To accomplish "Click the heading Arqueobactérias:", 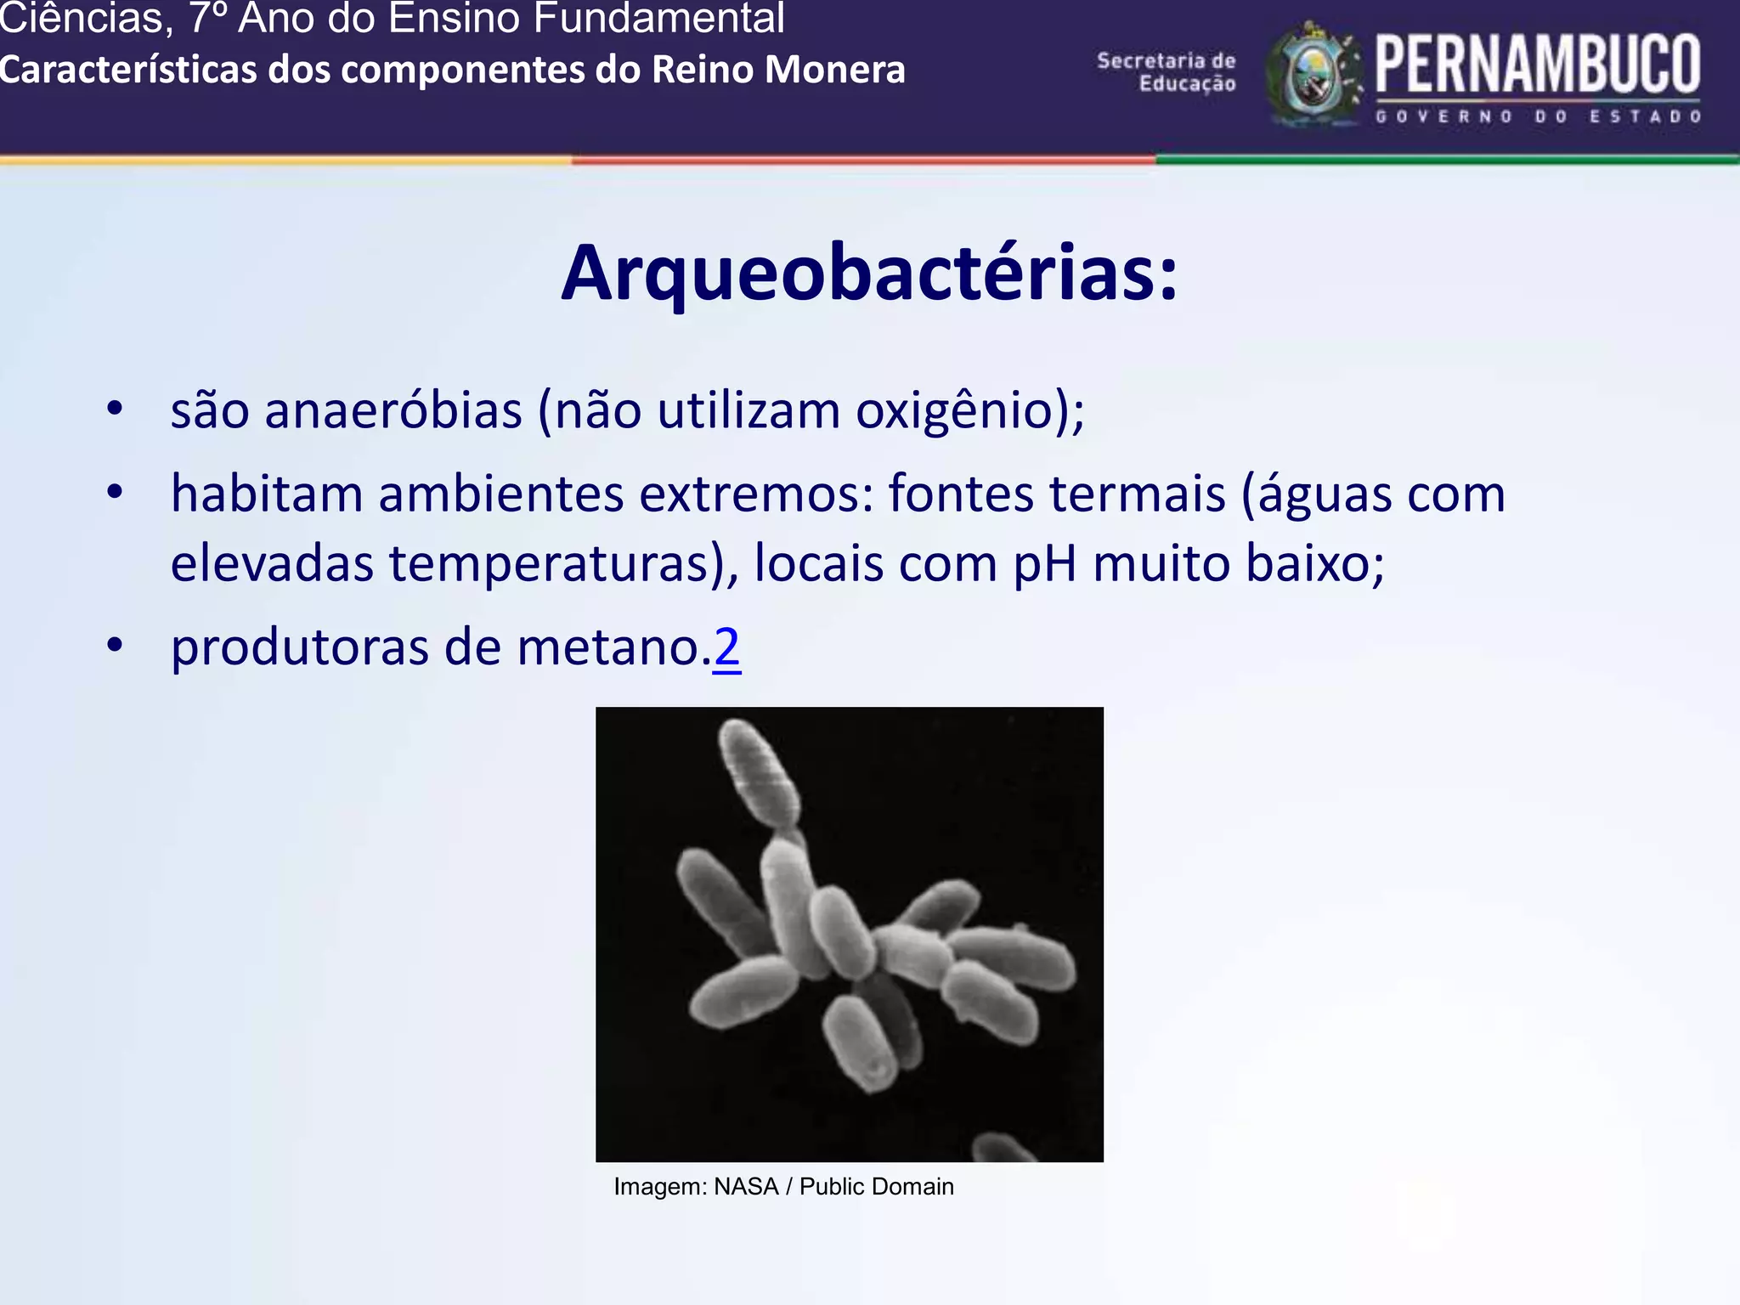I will coord(869,274).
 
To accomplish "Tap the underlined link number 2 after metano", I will coord(727,647).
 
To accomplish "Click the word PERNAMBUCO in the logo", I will coord(1538,65).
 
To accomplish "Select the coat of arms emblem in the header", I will coord(1313,75).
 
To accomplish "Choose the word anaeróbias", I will coord(393,410).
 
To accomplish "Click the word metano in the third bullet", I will coord(607,647).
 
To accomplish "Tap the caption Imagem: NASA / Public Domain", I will coord(783,1187).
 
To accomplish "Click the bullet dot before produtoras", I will coord(115,645).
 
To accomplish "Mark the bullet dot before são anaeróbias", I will coord(115,409).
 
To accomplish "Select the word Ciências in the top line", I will coord(81,19).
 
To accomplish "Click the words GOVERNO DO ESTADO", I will coord(1538,116).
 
